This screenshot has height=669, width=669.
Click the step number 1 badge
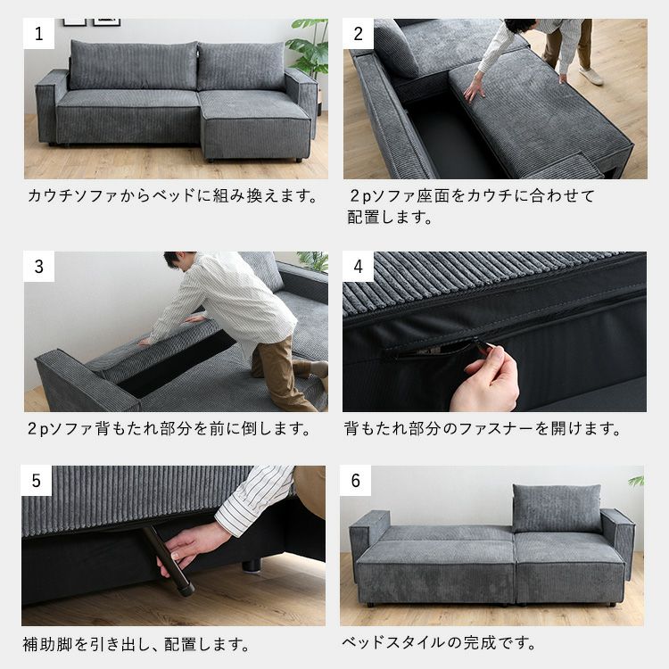pos(39,34)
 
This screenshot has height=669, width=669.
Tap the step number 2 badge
pos(359,34)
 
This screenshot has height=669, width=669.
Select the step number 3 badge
pos(39,267)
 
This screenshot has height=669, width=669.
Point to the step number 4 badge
pos(358,267)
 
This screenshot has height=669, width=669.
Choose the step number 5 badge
pos(37,481)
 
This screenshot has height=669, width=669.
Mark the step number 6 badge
pos(355,481)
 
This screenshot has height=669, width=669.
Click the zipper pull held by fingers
pos(482,345)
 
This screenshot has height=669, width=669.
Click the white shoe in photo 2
pos(591,76)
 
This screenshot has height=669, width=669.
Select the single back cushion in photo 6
pos(557,508)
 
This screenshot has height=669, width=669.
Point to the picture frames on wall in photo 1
pos(92,22)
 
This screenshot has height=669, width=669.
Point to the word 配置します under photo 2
pos(390,217)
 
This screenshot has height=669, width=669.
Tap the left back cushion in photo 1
pos(134,65)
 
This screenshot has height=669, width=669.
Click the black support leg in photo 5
pos(168,560)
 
